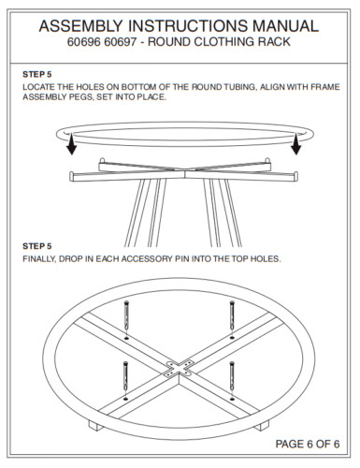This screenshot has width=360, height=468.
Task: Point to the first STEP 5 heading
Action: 36,72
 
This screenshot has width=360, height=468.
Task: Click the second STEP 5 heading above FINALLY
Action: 36,246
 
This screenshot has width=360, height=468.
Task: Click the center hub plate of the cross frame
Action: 179,367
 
